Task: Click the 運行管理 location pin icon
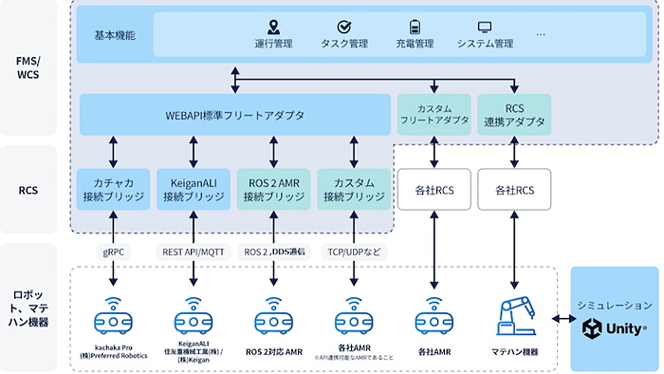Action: tap(274, 27)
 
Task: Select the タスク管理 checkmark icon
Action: tap(345, 27)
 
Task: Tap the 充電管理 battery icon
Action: tap(415, 27)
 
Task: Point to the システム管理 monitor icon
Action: tap(485, 27)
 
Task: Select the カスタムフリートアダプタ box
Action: tap(433, 115)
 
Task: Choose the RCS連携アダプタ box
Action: tap(514, 115)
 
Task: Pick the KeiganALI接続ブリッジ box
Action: tap(194, 189)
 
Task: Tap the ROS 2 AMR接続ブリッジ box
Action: tap(273, 189)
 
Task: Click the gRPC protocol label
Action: tap(115, 252)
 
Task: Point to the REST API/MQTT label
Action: tap(194, 252)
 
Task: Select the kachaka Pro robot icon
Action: tap(115, 314)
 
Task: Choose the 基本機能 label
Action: tap(115, 35)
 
